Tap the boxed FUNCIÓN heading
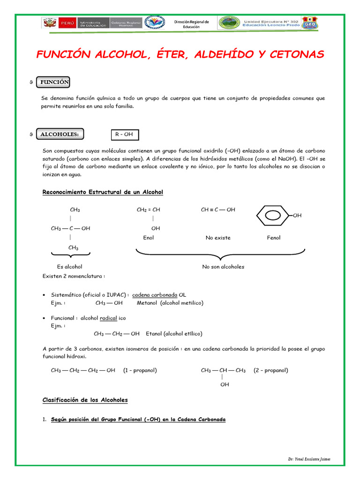pos(54,82)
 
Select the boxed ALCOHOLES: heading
pos(61,135)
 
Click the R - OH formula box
pos(124,135)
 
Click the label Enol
pos(149,238)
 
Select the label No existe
pos(218,238)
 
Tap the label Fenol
pos(274,238)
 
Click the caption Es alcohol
pos(69,267)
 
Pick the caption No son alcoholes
pos(223,267)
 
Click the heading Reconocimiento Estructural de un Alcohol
pos(103,192)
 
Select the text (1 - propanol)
pos(140,370)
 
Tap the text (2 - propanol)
pos(271,370)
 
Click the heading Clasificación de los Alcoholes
pos(85,400)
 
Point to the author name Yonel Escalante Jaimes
pos(309,459)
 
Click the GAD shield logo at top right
pos(308,23)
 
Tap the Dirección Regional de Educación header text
pos(191,24)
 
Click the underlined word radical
pos(108,318)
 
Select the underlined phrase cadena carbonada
pos(155,295)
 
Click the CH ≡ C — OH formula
pos(218,210)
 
